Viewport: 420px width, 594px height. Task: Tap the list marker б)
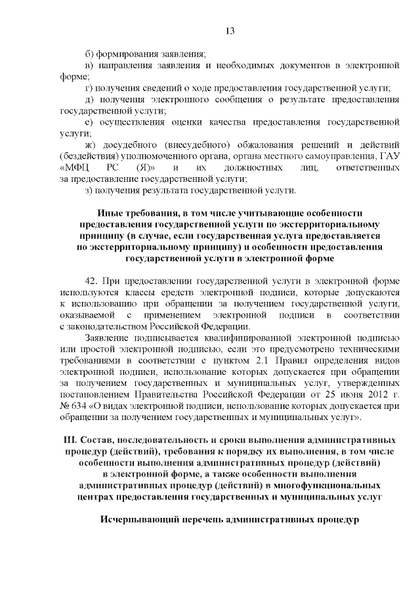click(x=91, y=53)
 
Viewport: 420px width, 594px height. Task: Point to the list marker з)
click(x=91, y=190)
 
